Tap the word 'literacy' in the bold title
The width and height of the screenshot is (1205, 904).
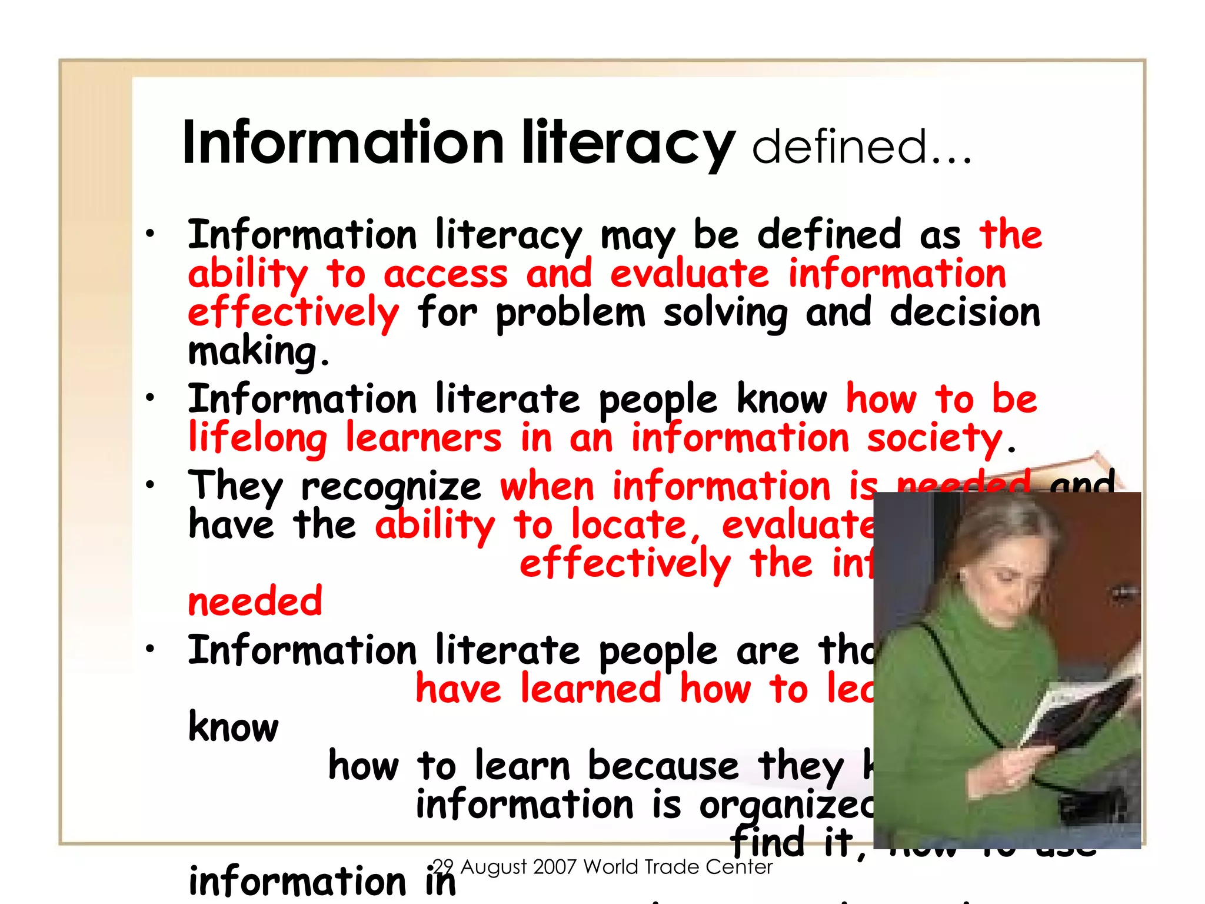[628, 143]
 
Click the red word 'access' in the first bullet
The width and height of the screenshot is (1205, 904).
[445, 275]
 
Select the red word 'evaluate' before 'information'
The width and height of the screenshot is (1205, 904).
[690, 274]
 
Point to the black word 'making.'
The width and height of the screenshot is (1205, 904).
[258, 352]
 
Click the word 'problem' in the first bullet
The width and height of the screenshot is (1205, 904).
[570, 313]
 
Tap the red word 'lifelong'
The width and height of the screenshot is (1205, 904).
[258, 439]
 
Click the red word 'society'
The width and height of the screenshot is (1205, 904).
[934, 438]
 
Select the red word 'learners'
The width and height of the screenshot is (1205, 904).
[424, 438]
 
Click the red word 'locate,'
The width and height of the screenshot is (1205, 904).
[636, 525]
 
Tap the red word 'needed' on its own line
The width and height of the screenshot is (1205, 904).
[255, 601]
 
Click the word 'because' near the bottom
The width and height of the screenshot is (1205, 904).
[663, 766]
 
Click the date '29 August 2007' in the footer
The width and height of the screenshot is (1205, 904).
[502, 867]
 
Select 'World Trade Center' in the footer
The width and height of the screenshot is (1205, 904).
[678, 867]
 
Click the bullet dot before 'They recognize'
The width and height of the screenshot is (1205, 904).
[151, 485]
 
